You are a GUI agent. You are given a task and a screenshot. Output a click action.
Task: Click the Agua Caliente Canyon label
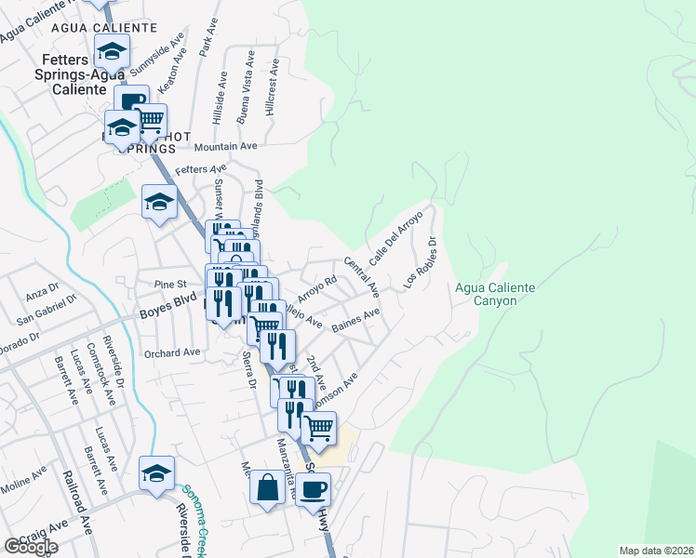(x=494, y=294)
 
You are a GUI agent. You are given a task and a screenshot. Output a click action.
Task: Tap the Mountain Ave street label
(x=224, y=146)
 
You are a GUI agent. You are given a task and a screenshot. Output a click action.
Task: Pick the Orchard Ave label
(x=172, y=352)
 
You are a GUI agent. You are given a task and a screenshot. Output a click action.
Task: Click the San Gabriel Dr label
(x=46, y=311)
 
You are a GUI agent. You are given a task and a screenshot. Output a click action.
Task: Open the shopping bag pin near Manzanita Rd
(x=267, y=488)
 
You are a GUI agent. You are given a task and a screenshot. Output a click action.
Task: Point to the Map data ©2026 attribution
(x=656, y=551)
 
